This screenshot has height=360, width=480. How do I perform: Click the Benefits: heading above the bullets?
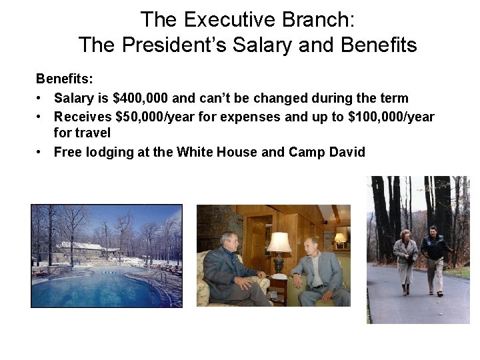click(64, 79)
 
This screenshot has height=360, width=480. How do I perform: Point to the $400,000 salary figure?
click(141, 98)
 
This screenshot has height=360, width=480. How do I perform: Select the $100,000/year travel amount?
click(391, 117)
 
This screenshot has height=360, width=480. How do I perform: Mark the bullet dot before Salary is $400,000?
click(41, 99)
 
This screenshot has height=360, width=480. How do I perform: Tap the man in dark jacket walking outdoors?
click(435, 257)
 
